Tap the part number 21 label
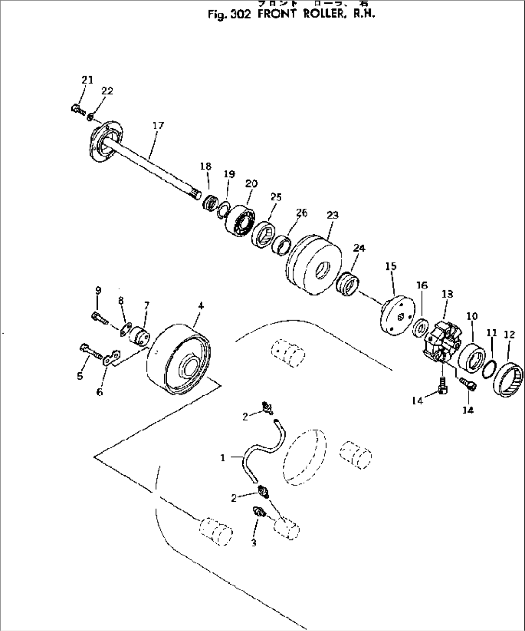tap(87, 80)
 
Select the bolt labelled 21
tap(75, 109)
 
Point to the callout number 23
tap(333, 215)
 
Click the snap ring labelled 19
tap(223, 210)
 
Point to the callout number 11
tap(492, 333)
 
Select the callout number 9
tap(98, 290)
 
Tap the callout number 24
tap(359, 248)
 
